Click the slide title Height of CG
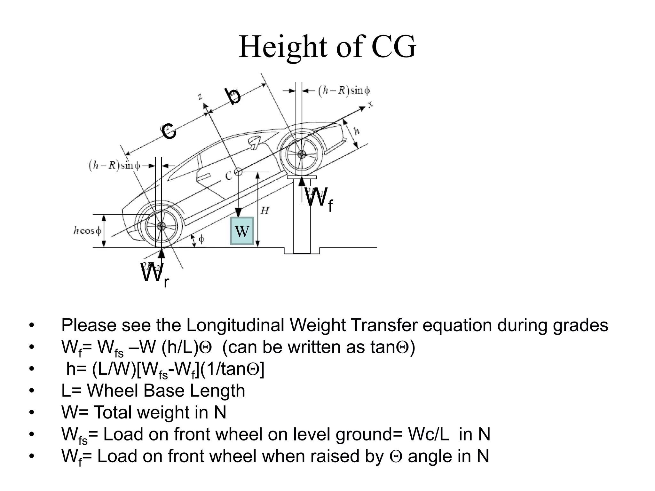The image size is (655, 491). pyautogui.click(x=327, y=47)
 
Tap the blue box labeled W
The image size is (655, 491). pyautogui.click(x=242, y=231)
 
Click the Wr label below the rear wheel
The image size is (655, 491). pyautogui.click(x=155, y=275)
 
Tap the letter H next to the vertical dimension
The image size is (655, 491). pyautogui.click(x=265, y=211)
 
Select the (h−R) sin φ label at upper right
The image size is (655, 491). pyautogui.click(x=344, y=91)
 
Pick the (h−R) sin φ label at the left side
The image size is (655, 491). pyautogui.click(x=114, y=166)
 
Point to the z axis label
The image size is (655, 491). pyautogui.click(x=200, y=96)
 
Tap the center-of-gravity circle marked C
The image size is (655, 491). pyautogui.click(x=238, y=172)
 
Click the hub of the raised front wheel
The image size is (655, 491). pyautogui.click(x=301, y=154)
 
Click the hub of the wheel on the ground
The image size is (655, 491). pyautogui.click(x=162, y=226)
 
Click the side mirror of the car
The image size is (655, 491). pyautogui.click(x=255, y=142)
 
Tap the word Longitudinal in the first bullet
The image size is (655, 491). pyautogui.click(x=235, y=325)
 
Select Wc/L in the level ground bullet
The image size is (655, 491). pyautogui.click(x=429, y=434)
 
